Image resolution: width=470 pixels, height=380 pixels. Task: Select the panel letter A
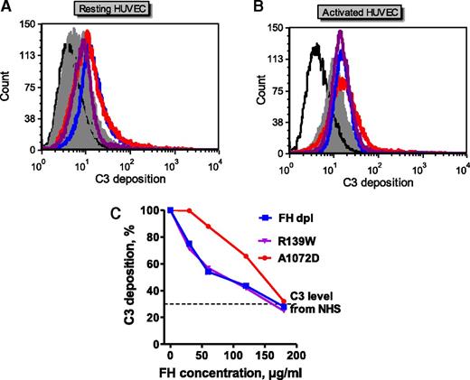point(7,8)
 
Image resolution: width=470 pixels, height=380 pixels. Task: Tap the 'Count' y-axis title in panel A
point(7,90)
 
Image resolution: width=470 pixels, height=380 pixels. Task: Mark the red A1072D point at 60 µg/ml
point(208,227)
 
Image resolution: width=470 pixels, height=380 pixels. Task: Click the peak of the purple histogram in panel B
point(340,32)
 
